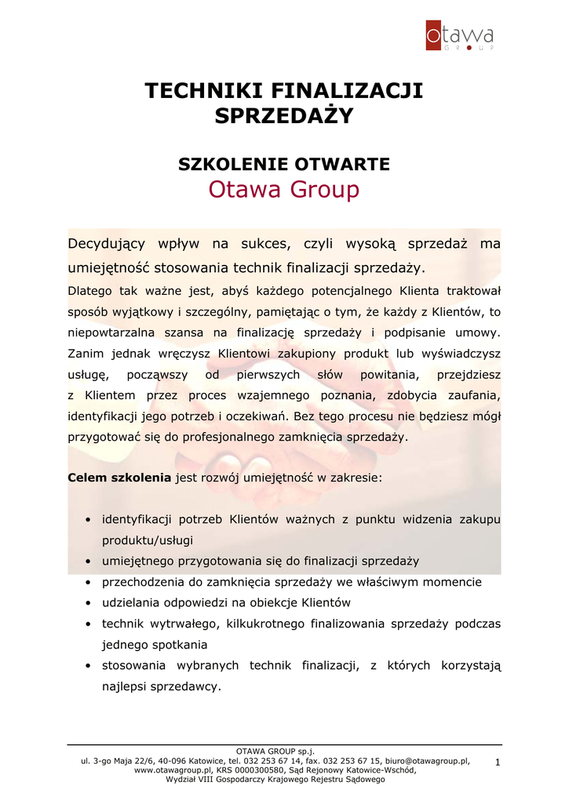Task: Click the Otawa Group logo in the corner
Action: (x=460, y=36)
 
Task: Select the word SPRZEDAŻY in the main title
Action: (x=284, y=116)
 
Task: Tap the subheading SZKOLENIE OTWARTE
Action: (x=284, y=164)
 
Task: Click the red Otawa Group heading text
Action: (x=284, y=190)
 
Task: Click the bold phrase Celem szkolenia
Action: (x=119, y=477)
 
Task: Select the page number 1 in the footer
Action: (x=498, y=762)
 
